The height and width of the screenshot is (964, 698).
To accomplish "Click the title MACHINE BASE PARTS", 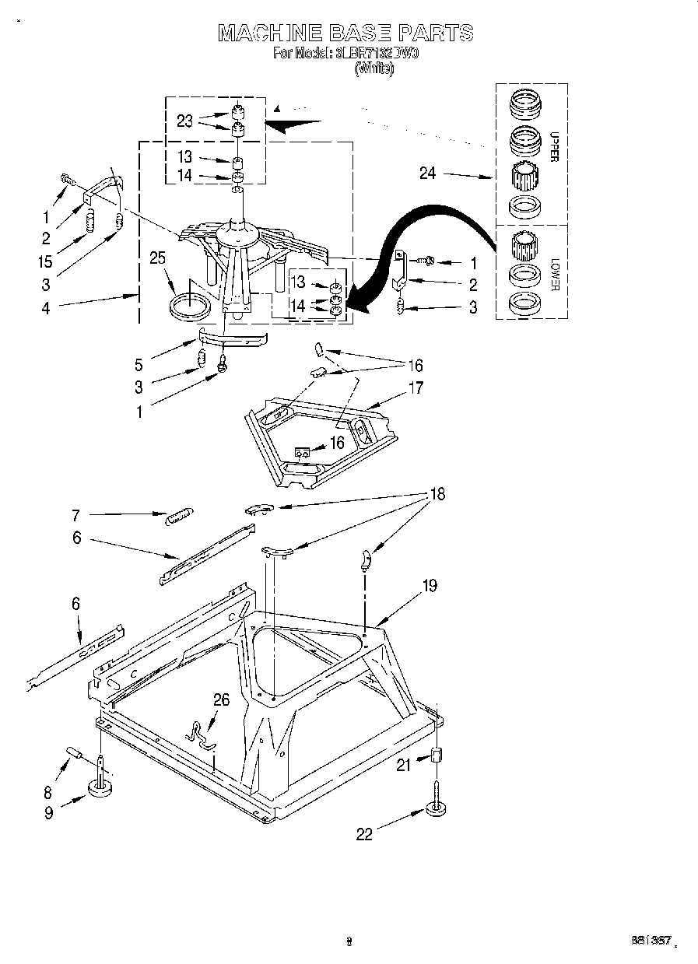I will coord(345,33).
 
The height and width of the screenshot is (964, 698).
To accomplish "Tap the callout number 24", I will coord(427,174).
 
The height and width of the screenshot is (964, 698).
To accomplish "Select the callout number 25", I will coord(158,258).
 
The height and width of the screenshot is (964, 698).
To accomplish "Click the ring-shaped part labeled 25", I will coord(191,304).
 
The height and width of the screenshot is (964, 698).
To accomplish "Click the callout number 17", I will coord(416,387).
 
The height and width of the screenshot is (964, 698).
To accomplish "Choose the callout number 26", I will coord(222,699).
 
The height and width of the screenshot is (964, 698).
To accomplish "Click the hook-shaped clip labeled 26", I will coord(202,734).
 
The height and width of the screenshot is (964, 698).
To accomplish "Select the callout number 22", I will coord(364,834).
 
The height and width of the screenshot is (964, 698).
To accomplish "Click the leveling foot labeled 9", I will coord(100,787).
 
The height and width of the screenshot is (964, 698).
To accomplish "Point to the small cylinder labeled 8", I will coord(75,753).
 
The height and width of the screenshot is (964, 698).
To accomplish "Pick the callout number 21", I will coord(403,765).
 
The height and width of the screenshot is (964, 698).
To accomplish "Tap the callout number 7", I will coord(76,514).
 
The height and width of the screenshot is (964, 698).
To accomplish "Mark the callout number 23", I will coord(184,121).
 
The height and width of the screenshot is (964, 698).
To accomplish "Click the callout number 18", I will coord(438,494).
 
